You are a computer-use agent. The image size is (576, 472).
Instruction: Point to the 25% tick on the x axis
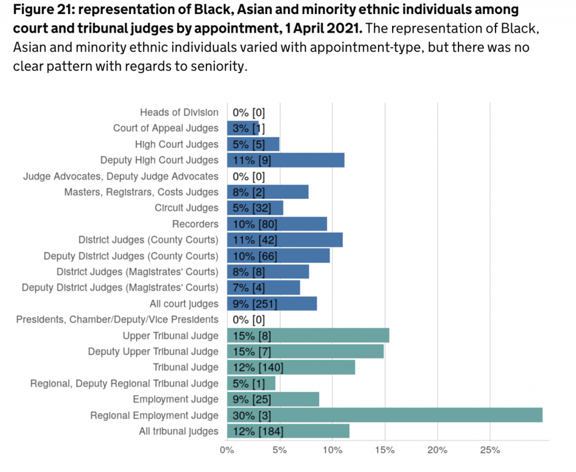pos(490,451)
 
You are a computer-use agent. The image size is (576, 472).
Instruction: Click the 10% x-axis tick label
pos(333,451)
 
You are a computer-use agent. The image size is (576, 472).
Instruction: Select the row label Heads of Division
pos(179,112)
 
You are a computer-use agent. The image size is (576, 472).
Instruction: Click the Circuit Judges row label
pos(186,208)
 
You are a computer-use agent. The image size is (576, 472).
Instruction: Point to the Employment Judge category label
pos(176,400)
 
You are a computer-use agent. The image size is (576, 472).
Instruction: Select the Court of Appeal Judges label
pos(166,129)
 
